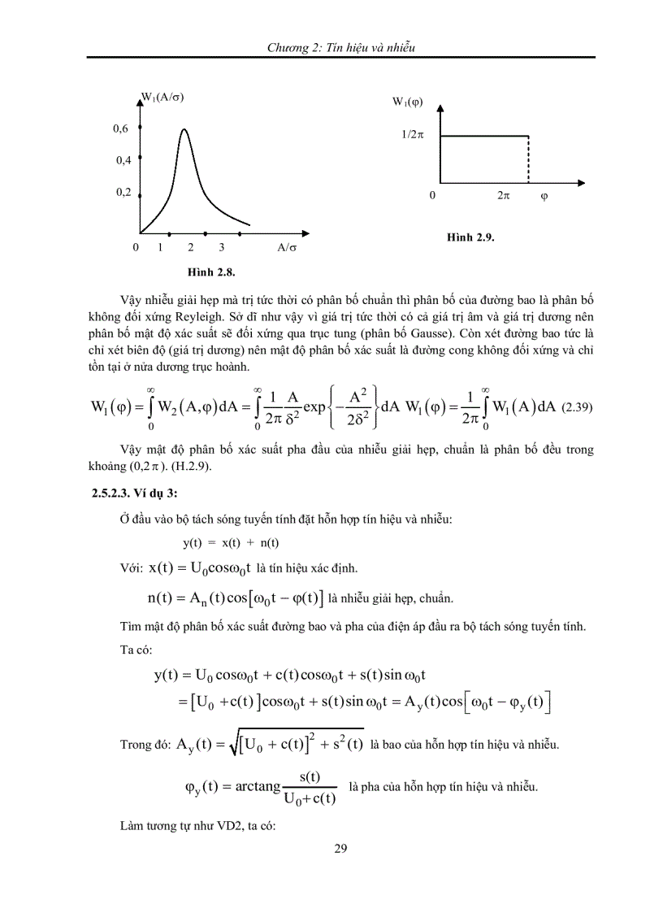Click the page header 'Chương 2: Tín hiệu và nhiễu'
(x=341, y=48)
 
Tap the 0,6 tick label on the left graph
(x=121, y=128)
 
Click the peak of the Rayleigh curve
(x=184, y=129)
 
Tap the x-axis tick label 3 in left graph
(x=220, y=246)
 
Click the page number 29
(x=340, y=850)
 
